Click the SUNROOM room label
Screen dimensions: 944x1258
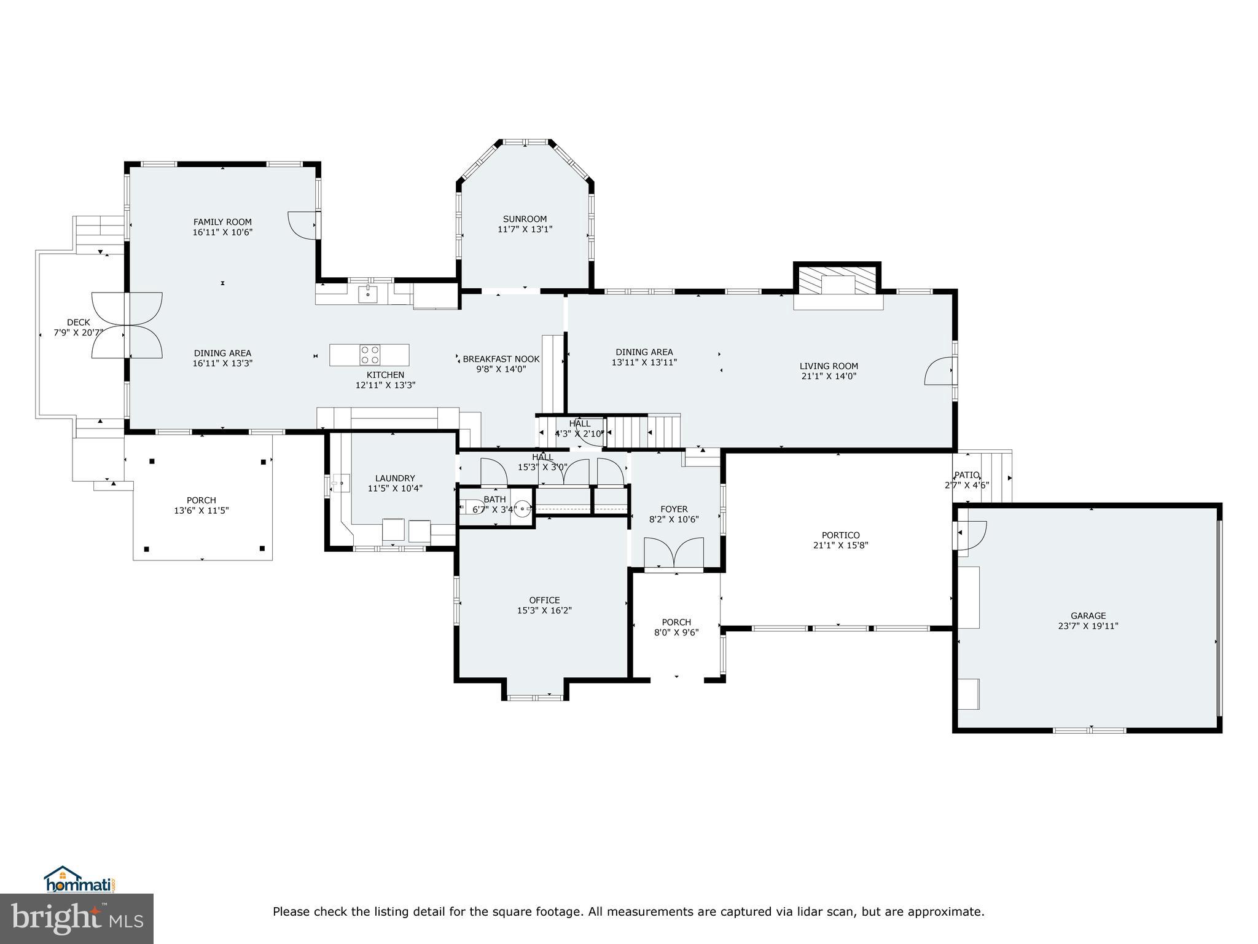(x=525, y=219)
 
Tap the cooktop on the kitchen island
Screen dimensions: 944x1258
(x=370, y=355)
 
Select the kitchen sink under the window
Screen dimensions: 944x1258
(x=369, y=293)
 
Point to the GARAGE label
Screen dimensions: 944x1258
(x=1088, y=615)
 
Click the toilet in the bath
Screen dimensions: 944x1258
(x=474, y=507)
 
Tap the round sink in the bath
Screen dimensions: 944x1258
(x=522, y=508)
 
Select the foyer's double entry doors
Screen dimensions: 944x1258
(x=673, y=552)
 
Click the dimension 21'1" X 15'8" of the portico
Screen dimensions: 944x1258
(x=840, y=545)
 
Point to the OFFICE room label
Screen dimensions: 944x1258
(x=544, y=600)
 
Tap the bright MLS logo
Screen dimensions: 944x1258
(x=77, y=919)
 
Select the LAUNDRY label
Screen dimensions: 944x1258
(x=395, y=478)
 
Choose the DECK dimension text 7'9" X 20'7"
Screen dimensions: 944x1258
(x=79, y=333)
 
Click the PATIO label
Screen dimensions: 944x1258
(x=966, y=474)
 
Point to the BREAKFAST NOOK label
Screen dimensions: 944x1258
(x=501, y=359)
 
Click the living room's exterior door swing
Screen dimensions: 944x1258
(x=939, y=371)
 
